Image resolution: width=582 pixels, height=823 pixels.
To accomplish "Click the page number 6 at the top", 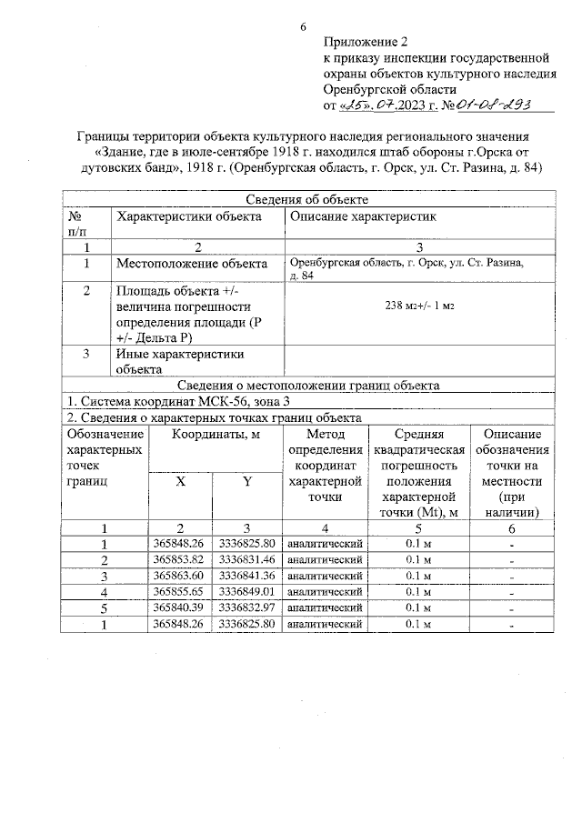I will (303, 26).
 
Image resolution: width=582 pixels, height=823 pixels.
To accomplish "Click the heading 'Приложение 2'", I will (366, 43).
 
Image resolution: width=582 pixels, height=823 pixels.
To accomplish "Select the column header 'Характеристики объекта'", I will (189, 216).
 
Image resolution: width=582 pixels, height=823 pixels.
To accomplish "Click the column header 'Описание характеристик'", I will (363, 216).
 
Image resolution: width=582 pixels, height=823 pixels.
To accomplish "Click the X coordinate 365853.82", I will (179, 559).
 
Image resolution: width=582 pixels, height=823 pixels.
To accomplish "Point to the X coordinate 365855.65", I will (179, 591).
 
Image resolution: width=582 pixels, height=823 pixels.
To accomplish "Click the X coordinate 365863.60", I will (179, 576).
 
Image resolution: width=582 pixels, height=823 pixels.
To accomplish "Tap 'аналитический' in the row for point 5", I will (325, 607).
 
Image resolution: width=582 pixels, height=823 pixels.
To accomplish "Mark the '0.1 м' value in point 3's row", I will (418, 576).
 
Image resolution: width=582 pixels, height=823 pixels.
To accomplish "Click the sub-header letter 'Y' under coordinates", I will (246, 482).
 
